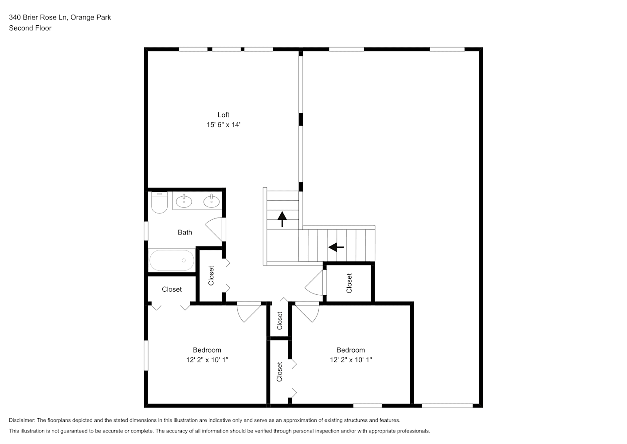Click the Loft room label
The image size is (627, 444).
pos(223,115)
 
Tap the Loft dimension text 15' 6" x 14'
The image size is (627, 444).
pos(223,125)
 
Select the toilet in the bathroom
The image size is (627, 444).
pos(159,202)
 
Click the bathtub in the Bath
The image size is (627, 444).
pos(172,260)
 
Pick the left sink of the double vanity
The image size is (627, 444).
pos(184,201)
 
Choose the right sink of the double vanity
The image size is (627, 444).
pos(212,201)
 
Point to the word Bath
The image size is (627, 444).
pos(185,232)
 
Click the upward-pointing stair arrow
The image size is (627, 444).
pos(282,219)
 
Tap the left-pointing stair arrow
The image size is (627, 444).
pos(336,247)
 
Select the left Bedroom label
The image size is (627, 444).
pos(207,350)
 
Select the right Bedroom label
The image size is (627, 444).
pos(350,350)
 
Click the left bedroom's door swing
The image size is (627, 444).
pos(249,312)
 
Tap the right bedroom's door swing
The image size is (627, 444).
pos(307,312)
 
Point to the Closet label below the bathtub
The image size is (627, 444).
pos(172,289)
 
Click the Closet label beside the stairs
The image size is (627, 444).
pos(349,283)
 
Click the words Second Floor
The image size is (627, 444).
pos(30,28)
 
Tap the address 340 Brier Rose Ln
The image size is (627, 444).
pos(38,17)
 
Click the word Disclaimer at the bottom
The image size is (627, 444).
pos(22,420)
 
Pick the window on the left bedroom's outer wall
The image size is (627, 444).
pos(146,356)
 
